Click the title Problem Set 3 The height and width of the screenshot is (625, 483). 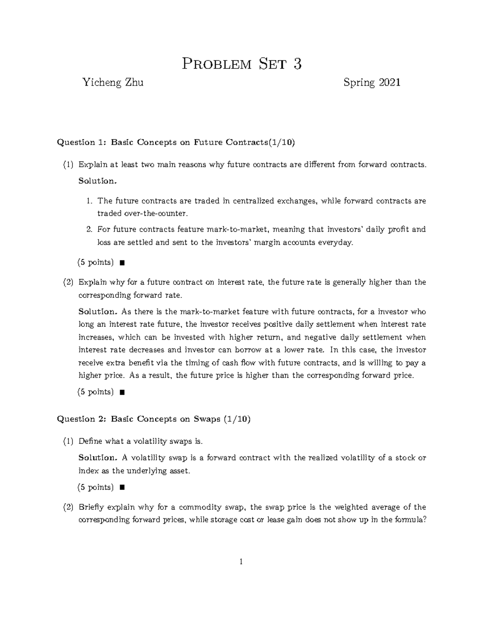coord(242,64)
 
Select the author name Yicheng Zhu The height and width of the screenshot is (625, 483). coord(113,83)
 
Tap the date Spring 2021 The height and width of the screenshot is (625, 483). coord(372,83)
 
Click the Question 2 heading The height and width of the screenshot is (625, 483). coord(154,419)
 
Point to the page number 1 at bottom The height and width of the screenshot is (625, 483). coord(241,562)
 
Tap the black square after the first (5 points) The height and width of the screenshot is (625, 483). coord(122,263)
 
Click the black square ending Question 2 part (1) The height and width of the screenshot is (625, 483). coord(122,488)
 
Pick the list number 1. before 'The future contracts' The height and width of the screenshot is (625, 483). coord(89,201)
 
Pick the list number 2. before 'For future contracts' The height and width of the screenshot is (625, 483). coord(89,229)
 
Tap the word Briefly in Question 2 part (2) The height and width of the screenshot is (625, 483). coord(93,507)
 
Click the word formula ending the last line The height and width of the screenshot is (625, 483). coord(410,520)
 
